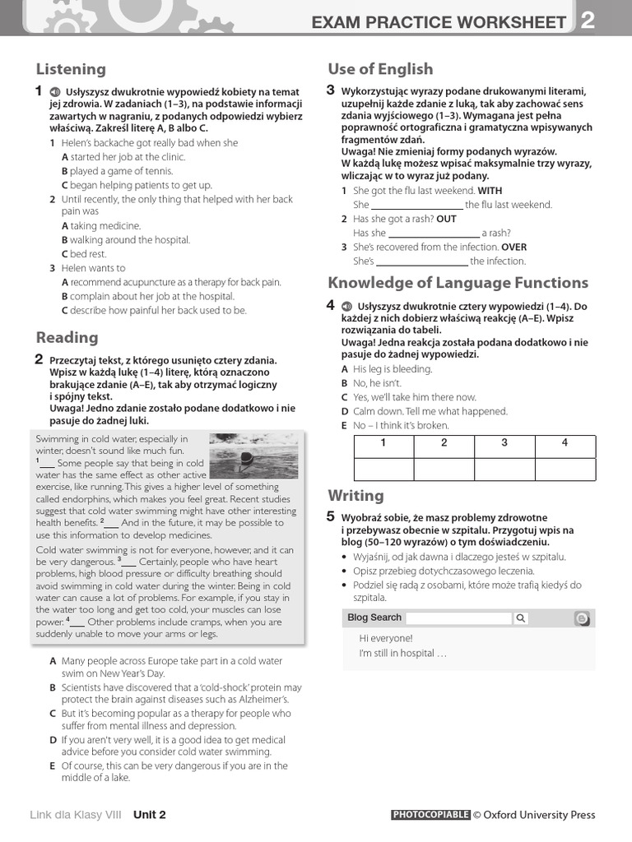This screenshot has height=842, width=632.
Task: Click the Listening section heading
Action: coord(71,69)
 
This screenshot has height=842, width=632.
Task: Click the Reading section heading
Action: coord(67,337)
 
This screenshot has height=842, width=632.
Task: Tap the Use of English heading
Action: coord(380,69)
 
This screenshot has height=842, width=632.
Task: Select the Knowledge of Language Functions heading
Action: coord(458,283)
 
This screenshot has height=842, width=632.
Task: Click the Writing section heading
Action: coord(355,495)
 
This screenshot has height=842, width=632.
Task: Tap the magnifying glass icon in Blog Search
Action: coord(521,618)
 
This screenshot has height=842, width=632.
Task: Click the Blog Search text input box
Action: coord(458,618)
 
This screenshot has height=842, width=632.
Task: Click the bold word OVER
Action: coord(514,247)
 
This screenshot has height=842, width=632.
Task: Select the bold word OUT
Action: coord(446,219)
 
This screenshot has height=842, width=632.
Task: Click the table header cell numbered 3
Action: coord(504,443)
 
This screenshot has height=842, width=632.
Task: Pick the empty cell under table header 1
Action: coord(383,469)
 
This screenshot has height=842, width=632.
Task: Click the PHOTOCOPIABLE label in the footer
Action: coord(430,815)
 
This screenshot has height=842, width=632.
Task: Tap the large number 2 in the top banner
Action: coord(587,21)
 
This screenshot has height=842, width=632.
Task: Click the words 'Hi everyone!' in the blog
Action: coord(386,638)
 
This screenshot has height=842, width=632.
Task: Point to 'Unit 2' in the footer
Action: coord(150,815)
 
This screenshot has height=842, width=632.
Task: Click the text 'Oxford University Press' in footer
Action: coord(539,815)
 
